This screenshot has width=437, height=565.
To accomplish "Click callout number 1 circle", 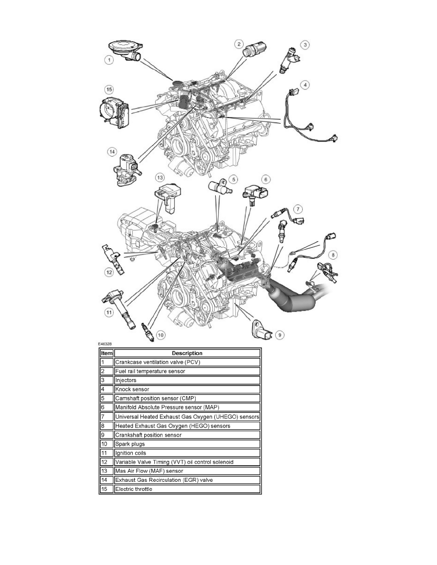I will tap(109, 60).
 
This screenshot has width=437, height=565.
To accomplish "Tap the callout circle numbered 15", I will tap(109, 89).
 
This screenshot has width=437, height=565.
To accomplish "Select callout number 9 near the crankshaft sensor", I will tap(280, 335).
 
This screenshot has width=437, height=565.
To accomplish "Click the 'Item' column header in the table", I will tap(106, 353).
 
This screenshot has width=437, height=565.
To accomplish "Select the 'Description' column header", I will tap(187, 353).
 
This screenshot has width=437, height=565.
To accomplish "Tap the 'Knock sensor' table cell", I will tap(187, 390).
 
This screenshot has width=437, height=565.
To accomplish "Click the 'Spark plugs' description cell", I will tap(187, 444).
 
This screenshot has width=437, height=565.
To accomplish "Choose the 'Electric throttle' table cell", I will tap(187, 489).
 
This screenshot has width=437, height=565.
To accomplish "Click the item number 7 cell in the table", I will tap(106, 417).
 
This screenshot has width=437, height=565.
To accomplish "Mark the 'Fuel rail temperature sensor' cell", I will tap(187, 371).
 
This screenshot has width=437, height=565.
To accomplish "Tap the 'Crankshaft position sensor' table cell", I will tap(187, 435).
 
